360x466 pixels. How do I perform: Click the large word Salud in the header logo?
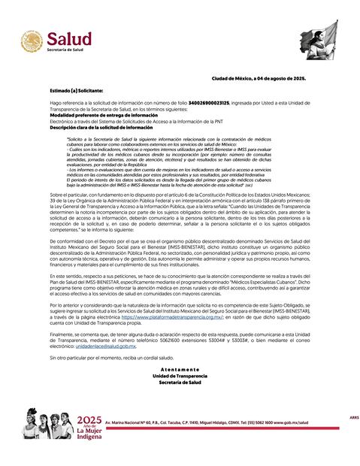pos(69,38)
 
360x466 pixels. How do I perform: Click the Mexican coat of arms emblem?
pos(32,42)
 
